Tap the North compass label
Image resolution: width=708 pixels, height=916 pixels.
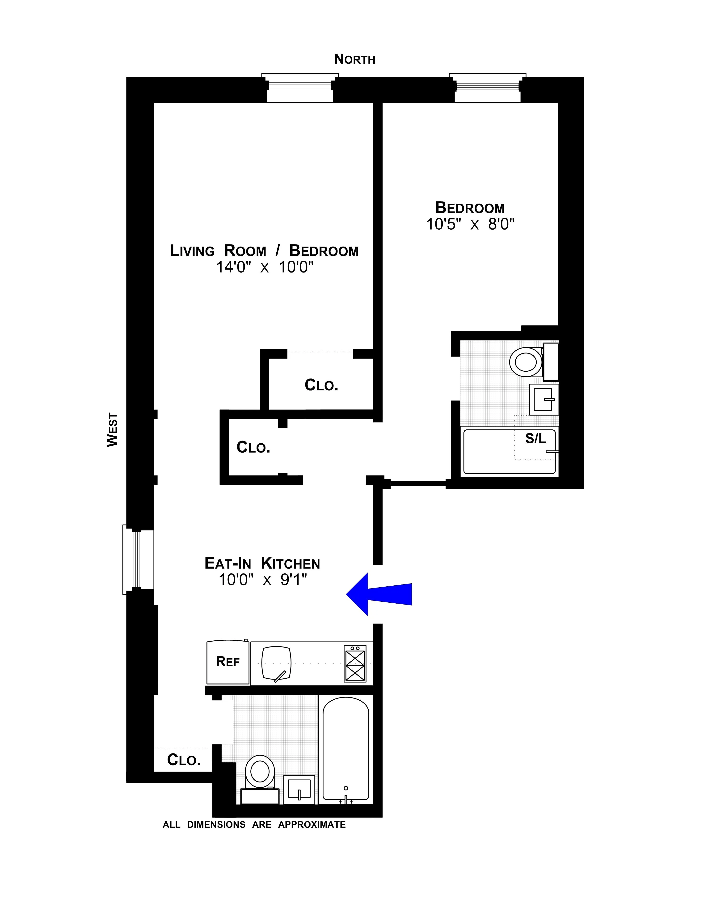tap(354, 59)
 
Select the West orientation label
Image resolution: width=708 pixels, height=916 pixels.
tap(112, 430)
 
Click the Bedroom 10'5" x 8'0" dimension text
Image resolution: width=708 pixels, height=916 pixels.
tap(470, 224)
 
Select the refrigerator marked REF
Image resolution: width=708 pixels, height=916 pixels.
tap(228, 662)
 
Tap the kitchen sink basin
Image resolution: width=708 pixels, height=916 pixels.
tap(276, 663)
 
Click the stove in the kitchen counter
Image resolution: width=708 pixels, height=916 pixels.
tap(355, 664)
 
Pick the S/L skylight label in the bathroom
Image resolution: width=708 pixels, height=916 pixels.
tap(536, 439)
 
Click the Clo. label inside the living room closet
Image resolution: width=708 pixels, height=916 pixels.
tap(321, 385)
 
